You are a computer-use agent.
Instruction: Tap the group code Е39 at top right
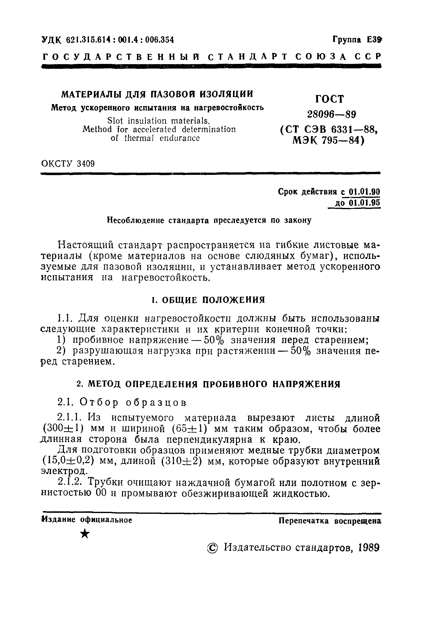click(374, 40)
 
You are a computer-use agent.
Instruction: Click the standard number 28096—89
click(331, 114)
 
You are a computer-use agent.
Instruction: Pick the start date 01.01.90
click(365, 192)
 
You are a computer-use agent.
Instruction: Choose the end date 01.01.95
click(365, 203)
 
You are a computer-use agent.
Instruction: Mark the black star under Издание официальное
click(85, 533)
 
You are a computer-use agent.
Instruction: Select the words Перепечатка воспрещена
click(330, 521)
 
